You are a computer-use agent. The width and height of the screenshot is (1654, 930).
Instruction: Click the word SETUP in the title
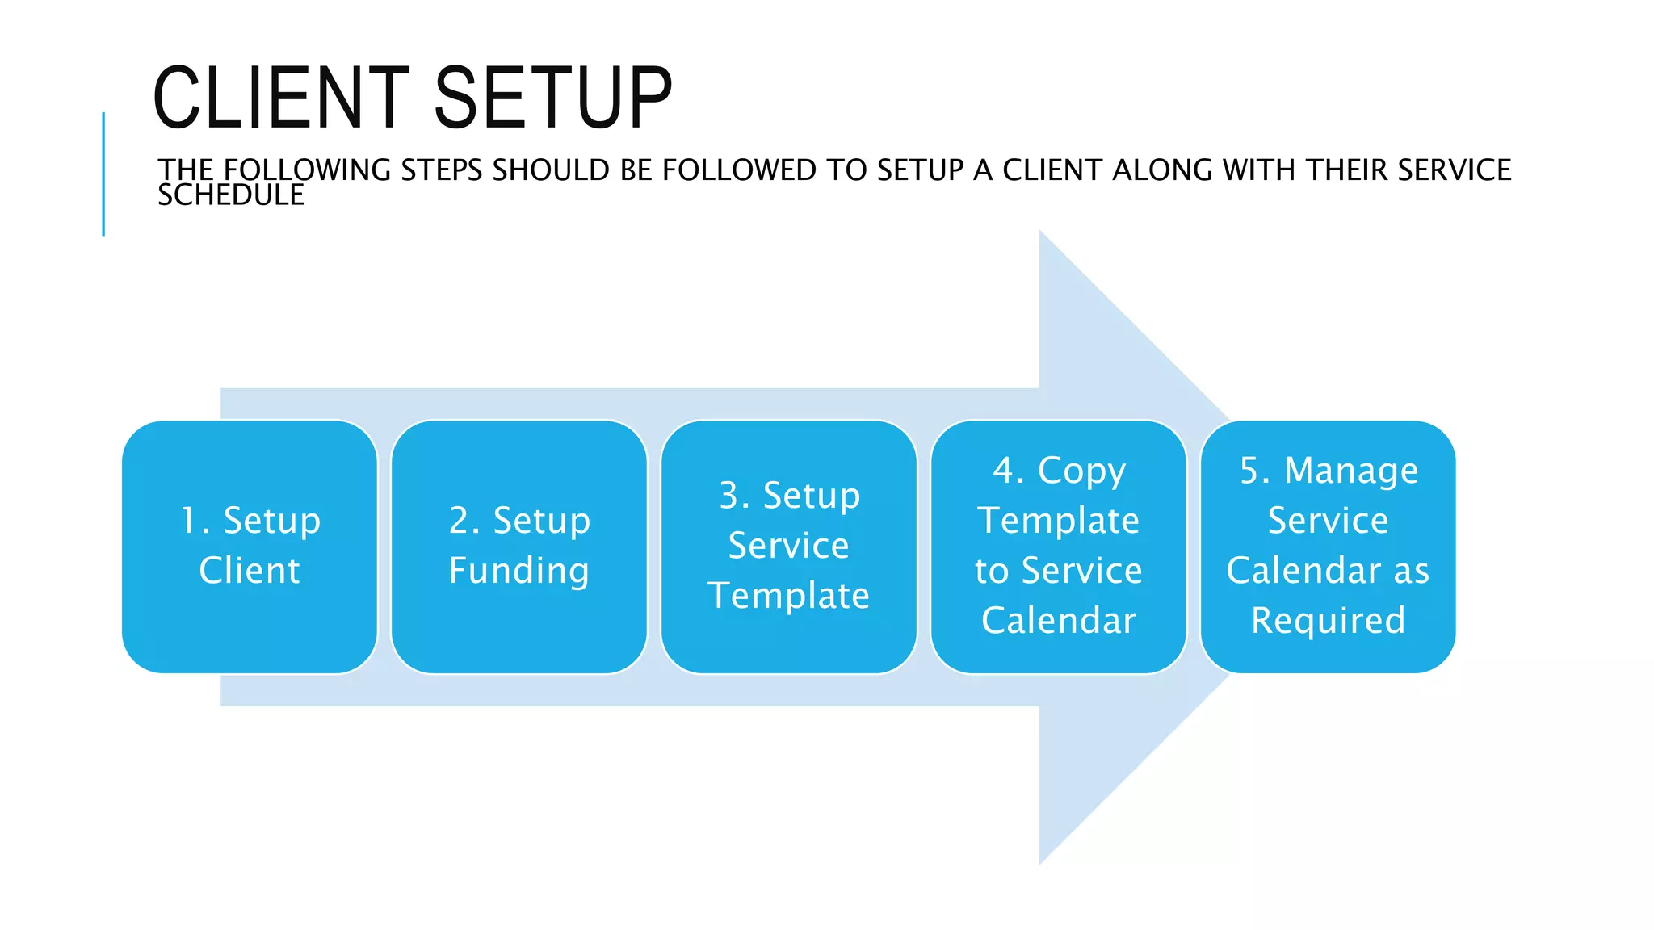(553, 98)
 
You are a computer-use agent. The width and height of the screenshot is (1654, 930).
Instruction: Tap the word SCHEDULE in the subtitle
(231, 195)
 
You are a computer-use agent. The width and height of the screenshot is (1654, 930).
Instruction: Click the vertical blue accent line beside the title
(103, 174)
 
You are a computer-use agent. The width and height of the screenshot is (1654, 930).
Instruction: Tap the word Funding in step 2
(519, 571)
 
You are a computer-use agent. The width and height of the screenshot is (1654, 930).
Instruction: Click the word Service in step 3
(788, 546)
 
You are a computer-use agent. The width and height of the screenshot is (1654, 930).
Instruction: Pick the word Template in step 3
(788, 596)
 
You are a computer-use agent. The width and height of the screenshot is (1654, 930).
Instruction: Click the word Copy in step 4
(1081, 471)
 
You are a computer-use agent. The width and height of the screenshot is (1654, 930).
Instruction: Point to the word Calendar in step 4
(1058, 621)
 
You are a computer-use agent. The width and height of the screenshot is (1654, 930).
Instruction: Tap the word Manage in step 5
(1350, 471)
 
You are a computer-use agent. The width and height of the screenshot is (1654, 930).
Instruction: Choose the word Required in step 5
(1328, 621)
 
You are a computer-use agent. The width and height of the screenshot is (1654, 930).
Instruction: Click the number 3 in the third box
(729, 496)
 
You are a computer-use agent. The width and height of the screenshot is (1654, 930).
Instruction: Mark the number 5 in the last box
(1250, 471)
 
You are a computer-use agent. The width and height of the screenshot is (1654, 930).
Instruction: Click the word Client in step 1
(250, 571)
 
